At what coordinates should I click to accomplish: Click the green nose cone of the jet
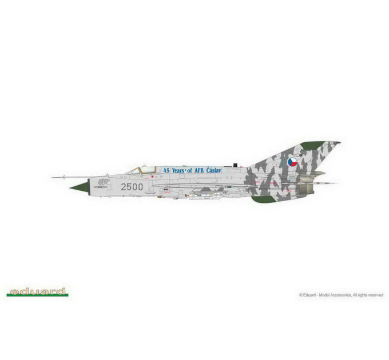pos(81,187)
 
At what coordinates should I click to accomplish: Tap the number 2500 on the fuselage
pos(132,187)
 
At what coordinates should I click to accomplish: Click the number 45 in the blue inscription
pos(166,170)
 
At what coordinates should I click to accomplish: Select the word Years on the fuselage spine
pos(178,170)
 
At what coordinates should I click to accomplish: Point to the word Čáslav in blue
pos(213,170)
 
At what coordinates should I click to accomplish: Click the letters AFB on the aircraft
pos(199,170)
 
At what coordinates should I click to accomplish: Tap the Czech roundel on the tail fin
pos(292,162)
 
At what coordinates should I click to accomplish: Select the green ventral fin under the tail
pos(263,199)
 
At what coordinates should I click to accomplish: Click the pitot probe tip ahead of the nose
pos(53,177)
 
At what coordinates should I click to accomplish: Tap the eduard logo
pos(37,291)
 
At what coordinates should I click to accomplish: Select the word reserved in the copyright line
pos(376,295)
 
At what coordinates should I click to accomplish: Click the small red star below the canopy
pos(153,177)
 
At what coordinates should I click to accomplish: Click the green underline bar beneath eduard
pos(37,295)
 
